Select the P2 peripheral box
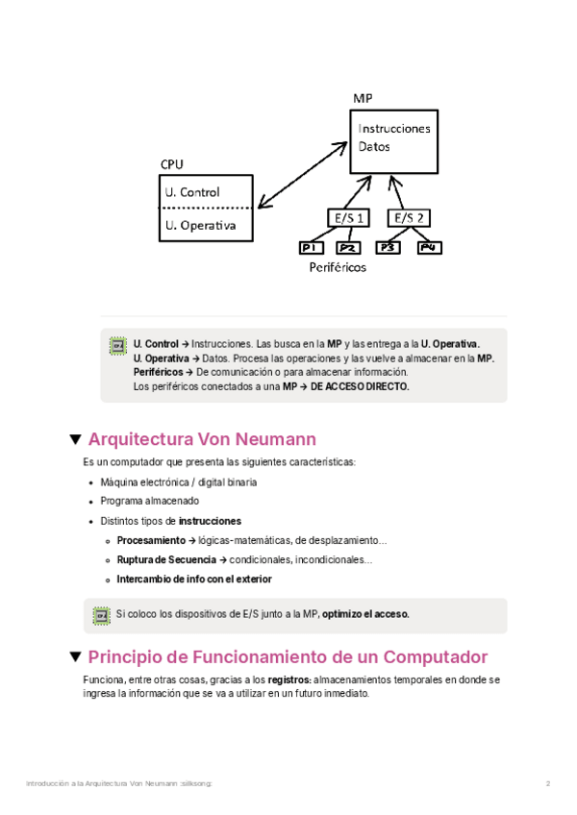point(346,249)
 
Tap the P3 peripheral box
point(389,248)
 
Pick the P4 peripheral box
point(429,248)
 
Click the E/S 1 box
point(348,218)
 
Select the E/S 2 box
point(408,218)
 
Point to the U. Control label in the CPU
point(192,192)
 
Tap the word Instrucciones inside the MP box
point(394,128)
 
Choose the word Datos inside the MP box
point(374,148)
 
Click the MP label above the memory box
point(363,99)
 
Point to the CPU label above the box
point(172,164)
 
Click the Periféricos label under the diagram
point(338,268)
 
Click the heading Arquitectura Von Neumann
point(202,440)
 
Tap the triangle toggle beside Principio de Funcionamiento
point(75,657)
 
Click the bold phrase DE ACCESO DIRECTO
point(360,386)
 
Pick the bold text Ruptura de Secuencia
point(166,559)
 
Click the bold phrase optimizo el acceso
point(365,614)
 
